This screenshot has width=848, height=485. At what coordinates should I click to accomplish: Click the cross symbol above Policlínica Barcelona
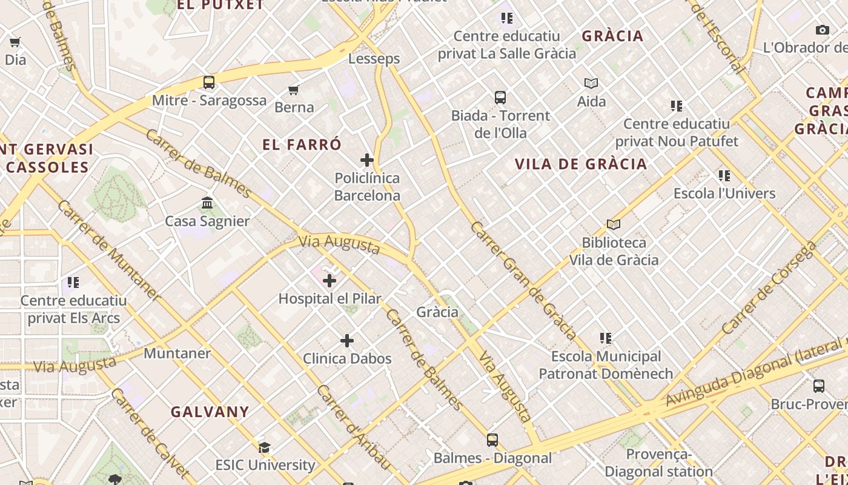click(367, 160)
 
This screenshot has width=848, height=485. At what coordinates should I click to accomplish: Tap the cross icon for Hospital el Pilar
click(330, 281)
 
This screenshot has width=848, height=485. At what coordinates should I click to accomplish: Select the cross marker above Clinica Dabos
click(347, 341)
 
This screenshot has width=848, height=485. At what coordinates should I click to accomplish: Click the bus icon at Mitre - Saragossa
click(209, 82)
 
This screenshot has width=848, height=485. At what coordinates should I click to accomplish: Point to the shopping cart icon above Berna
click(294, 90)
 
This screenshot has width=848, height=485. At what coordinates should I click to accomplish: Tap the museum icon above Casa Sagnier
click(207, 202)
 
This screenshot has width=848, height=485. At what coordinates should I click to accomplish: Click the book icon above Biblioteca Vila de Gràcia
click(614, 225)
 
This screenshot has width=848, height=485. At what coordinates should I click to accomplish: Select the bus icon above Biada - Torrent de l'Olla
click(500, 97)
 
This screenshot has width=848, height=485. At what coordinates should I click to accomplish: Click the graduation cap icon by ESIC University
click(265, 448)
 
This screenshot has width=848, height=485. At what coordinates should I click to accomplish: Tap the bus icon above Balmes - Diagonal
click(492, 440)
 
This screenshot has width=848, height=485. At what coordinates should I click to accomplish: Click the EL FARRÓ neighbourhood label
click(302, 145)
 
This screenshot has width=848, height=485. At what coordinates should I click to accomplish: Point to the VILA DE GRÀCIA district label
click(581, 164)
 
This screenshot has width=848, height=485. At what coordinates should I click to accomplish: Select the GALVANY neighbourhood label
click(210, 412)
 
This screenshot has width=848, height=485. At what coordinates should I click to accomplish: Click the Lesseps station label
click(374, 59)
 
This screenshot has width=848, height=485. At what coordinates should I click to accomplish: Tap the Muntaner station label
click(177, 353)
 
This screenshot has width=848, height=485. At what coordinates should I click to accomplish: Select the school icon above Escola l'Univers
click(724, 176)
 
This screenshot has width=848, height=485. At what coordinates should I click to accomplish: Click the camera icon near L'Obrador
click(822, 30)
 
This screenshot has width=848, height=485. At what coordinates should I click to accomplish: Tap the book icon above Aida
click(591, 83)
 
